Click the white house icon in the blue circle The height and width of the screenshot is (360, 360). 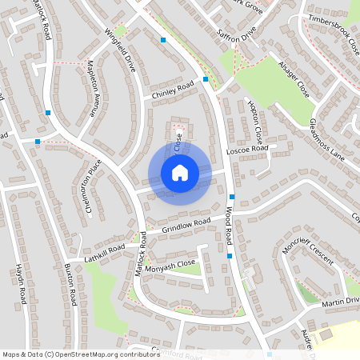click(179, 172)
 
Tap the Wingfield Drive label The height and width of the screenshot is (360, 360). click(121, 52)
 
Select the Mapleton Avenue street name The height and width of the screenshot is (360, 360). click(93, 89)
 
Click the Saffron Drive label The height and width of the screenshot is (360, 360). click(237, 35)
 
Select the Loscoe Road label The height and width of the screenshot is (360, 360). click(247, 150)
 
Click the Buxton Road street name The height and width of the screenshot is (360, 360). click(70, 283)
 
